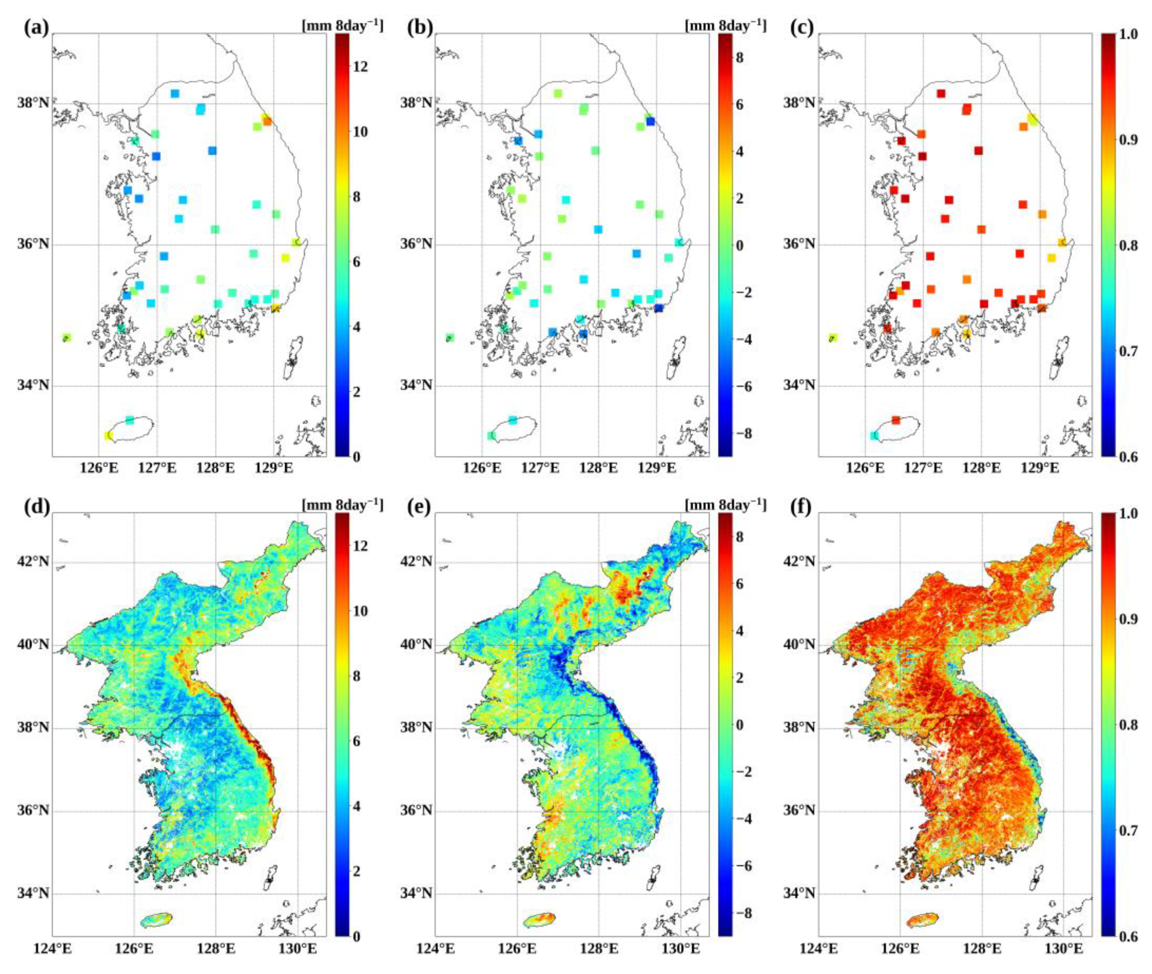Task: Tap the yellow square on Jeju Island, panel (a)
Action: point(108,436)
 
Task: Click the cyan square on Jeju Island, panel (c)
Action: point(874,436)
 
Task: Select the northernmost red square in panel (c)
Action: point(941,93)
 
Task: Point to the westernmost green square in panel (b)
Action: point(450,337)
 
